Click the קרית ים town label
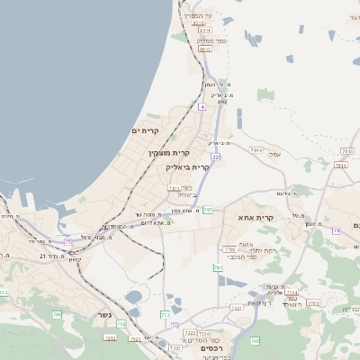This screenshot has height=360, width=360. pos(144,131)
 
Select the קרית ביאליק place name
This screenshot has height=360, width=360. pos(187,166)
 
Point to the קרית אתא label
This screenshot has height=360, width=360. pos(256,218)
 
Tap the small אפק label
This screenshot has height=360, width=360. pos(275,154)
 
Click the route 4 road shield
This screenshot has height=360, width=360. pos(202,106)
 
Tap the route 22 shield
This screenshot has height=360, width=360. pos(216,157)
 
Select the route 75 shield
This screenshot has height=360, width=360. pos(67,241)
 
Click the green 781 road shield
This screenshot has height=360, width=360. pos(209,210)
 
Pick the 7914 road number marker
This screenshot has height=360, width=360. pos(256,150)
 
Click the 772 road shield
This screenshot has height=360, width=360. pos(165,315)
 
